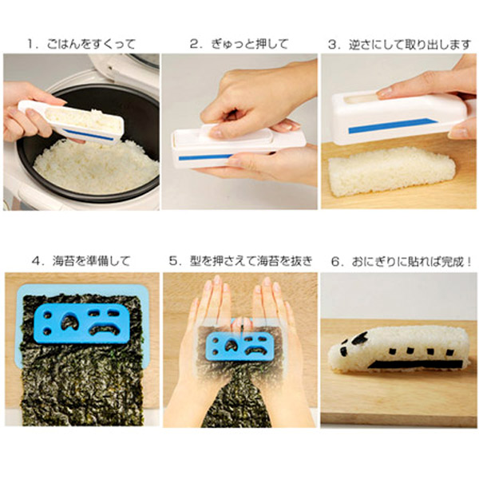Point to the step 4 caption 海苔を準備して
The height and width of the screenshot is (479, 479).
(x=80, y=260)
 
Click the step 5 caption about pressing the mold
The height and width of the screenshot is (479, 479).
(x=239, y=260)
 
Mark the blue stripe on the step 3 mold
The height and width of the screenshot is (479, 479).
(x=391, y=125)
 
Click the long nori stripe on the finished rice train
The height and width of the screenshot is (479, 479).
(x=415, y=363)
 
